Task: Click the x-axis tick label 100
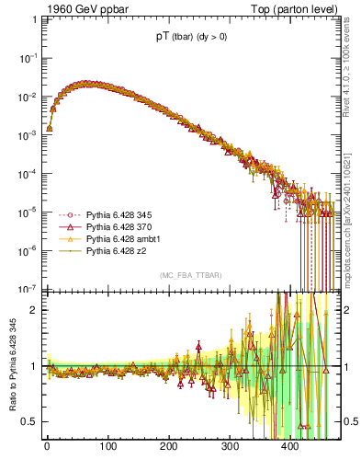[107, 447]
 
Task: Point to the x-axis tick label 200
[168, 447]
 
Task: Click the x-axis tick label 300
[229, 447]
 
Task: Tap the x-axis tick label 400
[289, 447]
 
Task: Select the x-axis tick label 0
[47, 447]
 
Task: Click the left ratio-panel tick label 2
[35, 310]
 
